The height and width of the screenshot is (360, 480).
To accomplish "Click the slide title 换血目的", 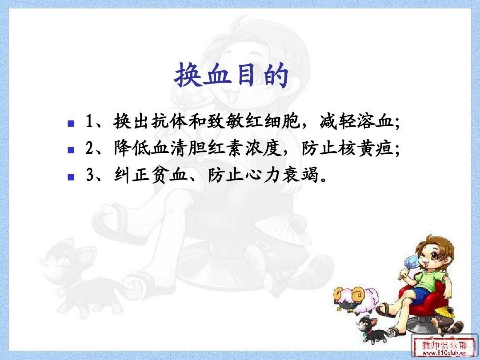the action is pyautogui.click(x=231, y=75).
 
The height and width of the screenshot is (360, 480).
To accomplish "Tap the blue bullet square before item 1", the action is pyautogui.click(x=71, y=123).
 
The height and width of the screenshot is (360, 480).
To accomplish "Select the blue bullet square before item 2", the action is pyautogui.click(x=71, y=150).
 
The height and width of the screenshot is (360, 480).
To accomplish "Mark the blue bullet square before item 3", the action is pyautogui.click(x=71, y=177).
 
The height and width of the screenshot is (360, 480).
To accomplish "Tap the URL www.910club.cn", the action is pyautogui.click(x=444, y=353).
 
